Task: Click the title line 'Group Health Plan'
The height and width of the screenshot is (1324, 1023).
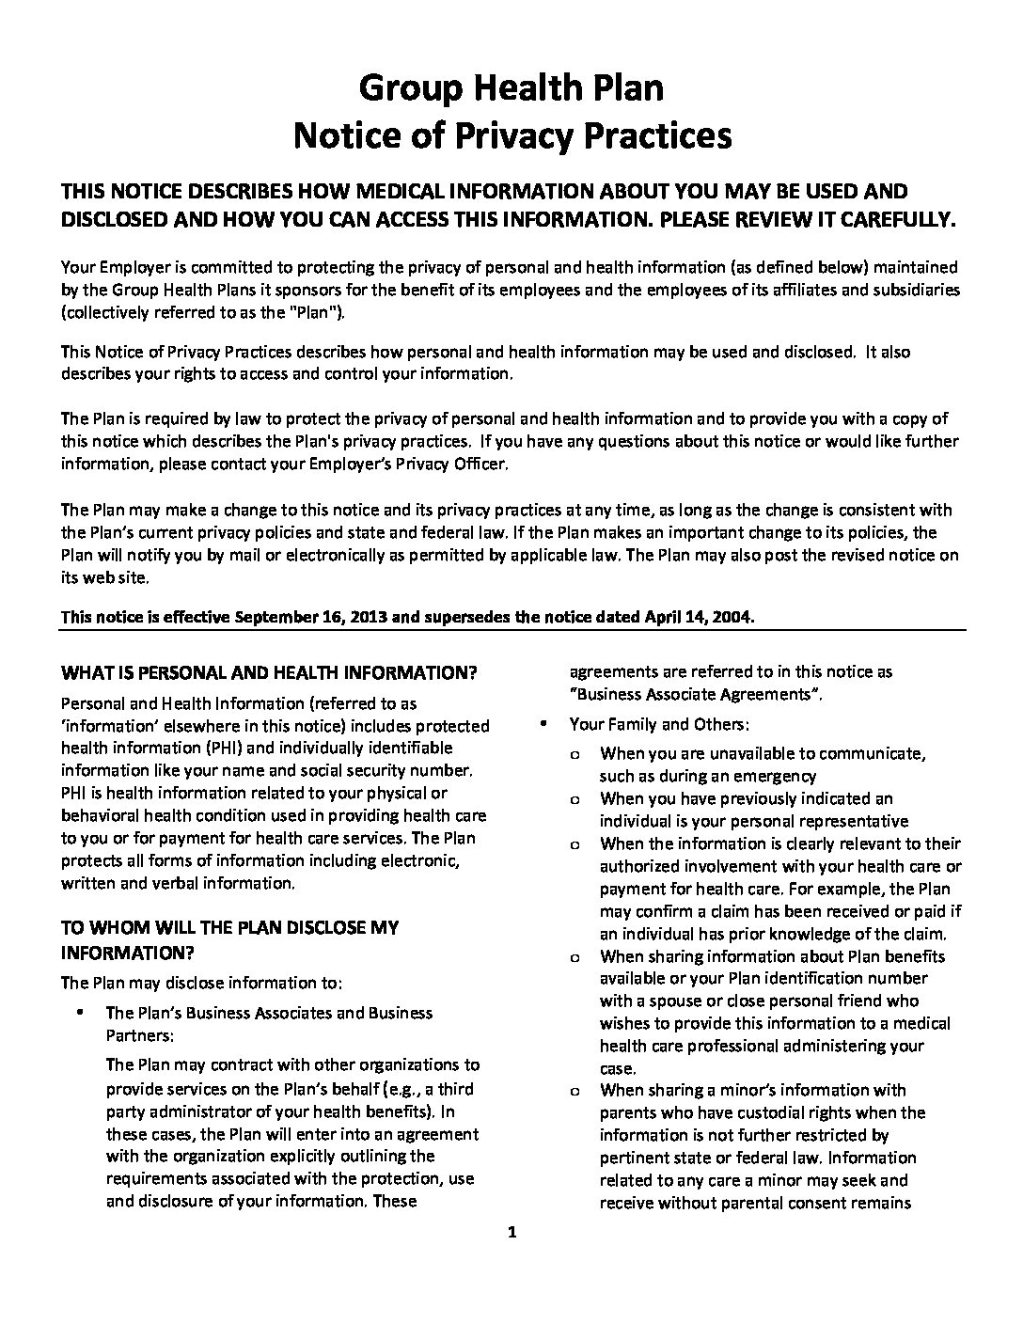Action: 511,88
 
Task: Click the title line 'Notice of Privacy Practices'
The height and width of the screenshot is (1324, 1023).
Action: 511,135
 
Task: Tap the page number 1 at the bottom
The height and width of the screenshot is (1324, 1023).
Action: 511,1233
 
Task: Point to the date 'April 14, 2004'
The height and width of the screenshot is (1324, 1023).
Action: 697,617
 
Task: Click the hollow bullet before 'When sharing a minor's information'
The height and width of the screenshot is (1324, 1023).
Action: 574,1091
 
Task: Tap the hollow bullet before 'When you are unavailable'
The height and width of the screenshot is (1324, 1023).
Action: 574,754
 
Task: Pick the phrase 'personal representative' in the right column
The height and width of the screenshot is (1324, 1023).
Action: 824,821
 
